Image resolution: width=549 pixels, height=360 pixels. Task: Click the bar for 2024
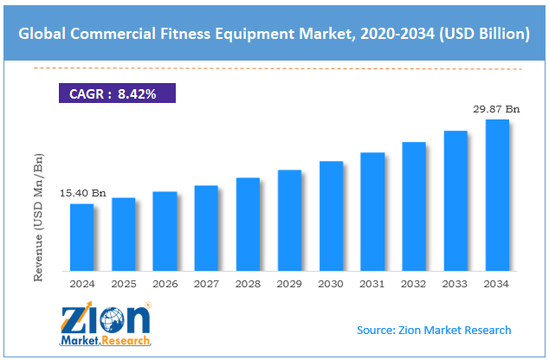[81, 235]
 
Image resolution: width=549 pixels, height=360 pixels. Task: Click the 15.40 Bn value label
[82, 194]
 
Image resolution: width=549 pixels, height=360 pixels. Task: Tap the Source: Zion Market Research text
[433, 330]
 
